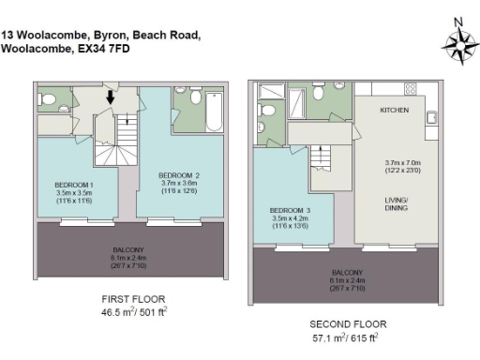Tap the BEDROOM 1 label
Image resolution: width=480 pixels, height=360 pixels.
pyautogui.click(x=72, y=184)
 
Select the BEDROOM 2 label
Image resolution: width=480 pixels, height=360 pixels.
pyautogui.click(x=178, y=175)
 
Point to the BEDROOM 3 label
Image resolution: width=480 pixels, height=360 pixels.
pyautogui.click(x=289, y=209)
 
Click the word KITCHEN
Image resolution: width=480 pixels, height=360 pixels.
pyautogui.click(x=395, y=111)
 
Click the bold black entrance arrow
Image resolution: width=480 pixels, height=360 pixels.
pyautogui.click(x=111, y=96)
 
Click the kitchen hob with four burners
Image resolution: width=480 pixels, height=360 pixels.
pyautogui.click(x=410, y=88)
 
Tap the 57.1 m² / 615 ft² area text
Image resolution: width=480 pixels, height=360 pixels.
pyautogui.click(x=346, y=337)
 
